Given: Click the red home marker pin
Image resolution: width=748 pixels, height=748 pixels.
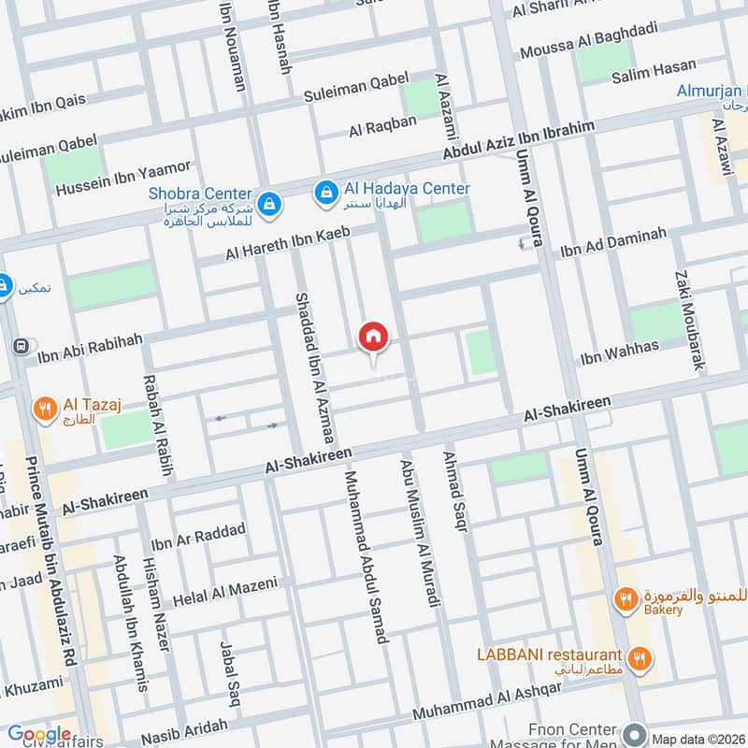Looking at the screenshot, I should point(373,338).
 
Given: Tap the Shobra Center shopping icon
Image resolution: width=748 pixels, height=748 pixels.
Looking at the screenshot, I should point(268,202).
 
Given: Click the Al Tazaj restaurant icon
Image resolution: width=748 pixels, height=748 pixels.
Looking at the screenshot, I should point(43,409).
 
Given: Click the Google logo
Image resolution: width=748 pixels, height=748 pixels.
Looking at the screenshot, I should point(39,734).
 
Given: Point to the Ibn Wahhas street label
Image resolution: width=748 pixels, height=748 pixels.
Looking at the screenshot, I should point(619,352).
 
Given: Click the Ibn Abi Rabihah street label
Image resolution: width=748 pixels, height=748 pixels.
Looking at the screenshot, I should point(89,346).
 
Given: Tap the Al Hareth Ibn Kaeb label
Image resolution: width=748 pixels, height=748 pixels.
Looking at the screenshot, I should point(287,244).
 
